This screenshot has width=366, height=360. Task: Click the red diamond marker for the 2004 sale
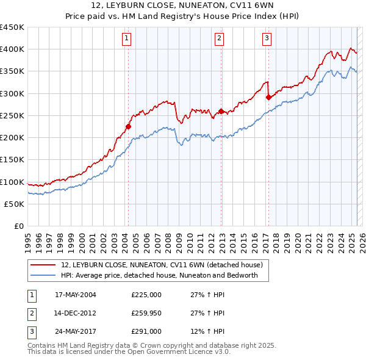pos(129,127)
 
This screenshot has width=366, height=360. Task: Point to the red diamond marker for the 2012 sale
pos(221,111)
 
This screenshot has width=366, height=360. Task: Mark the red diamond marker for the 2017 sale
pos(268,97)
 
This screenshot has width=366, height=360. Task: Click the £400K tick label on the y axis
pos(12,49)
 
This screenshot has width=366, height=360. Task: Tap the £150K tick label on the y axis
pos(12,160)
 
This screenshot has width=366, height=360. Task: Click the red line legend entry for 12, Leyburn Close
pos(162,265)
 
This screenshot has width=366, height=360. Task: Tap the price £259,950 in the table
pos(146,313)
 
